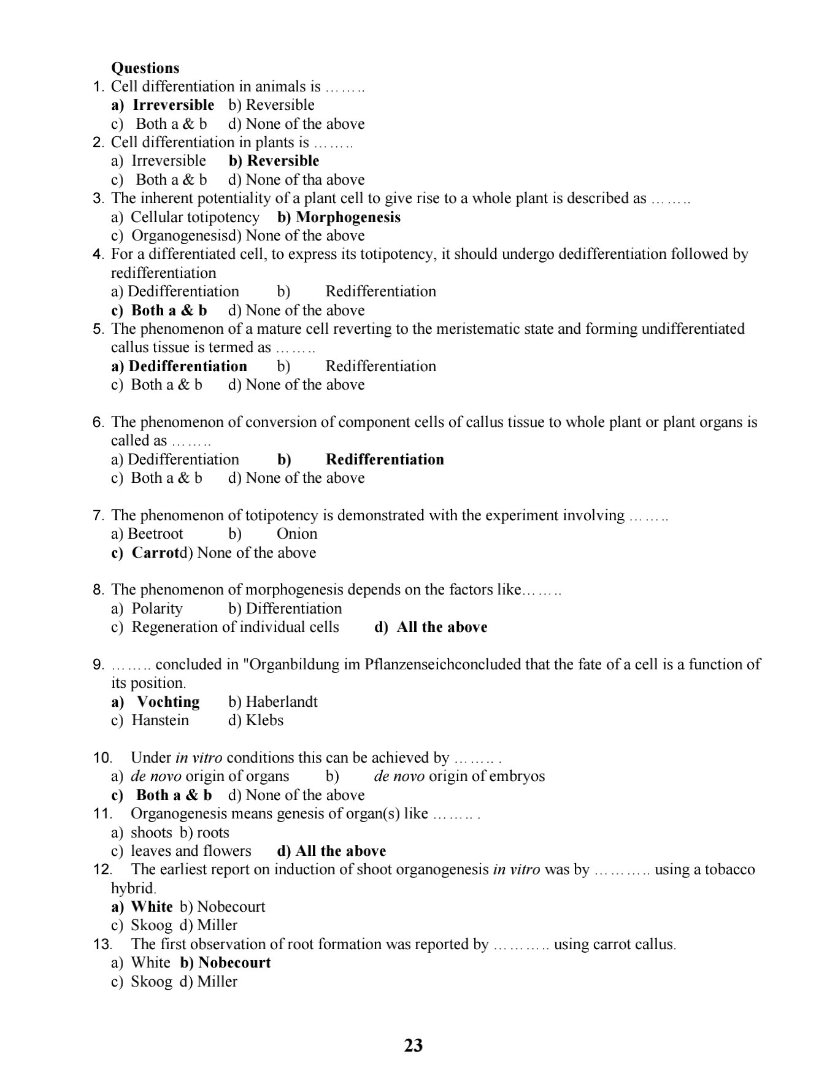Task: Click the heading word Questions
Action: tap(145, 68)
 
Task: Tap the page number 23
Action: tap(413, 1045)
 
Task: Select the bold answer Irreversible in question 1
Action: tap(173, 105)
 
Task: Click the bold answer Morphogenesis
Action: tap(348, 217)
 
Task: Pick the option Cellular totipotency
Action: tap(195, 217)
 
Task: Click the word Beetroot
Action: tap(155, 534)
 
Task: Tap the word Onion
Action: tap(297, 534)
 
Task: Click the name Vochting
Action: tap(168, 702)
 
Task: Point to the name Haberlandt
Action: tap(282, 702)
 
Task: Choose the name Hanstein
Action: tap(160, 720)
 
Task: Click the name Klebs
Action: tap(264, 720)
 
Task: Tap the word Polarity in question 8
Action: tap(157, 609)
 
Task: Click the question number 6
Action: tap(98, 422)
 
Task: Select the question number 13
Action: tap(102, 944)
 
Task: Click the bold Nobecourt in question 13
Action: tap(234, 963)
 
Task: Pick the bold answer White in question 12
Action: tap(152, 907)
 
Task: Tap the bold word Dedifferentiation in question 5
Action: tap(188, 366)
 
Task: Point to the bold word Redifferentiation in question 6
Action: tap(385, 460)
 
